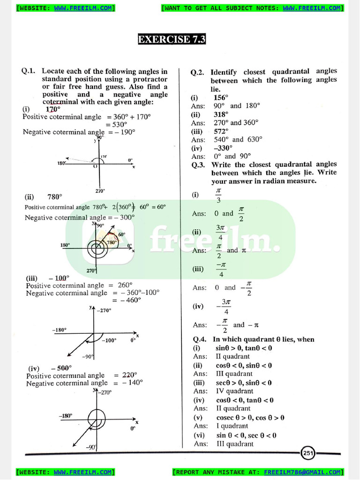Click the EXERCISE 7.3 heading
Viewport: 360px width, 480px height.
pos(172,39)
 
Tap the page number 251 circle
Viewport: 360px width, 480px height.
pos(308,453)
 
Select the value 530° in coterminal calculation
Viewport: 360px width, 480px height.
pos(119,124)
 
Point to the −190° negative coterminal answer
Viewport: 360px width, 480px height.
pos(124,132)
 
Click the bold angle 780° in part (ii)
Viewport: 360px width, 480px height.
pos(54,197)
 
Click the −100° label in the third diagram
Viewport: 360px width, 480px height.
pos(109,340)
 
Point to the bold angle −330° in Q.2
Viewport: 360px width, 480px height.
pos(223,148)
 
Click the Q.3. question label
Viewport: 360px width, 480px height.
pos(199,165)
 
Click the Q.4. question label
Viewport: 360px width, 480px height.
pos(200,339)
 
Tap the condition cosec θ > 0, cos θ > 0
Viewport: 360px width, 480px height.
pos(250,418)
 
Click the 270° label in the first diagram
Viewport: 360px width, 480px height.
pos(100,191)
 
